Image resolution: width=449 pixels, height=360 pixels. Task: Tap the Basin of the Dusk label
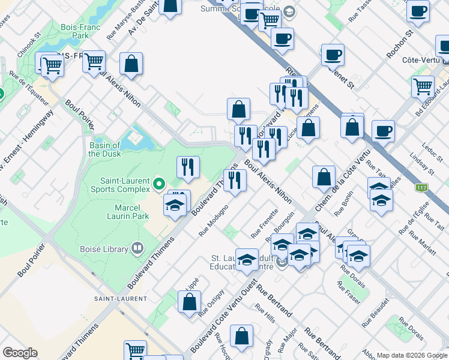(104, 149)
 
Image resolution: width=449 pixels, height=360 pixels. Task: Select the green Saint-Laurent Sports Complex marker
(159, 184)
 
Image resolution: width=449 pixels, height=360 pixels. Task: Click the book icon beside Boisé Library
(137, 248)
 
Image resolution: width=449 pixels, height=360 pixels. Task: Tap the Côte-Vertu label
(423, 60)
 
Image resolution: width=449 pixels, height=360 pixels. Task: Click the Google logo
(20, 353)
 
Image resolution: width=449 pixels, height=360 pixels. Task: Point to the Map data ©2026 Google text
(411, 355)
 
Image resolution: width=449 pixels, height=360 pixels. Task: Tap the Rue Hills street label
(265, 317)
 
